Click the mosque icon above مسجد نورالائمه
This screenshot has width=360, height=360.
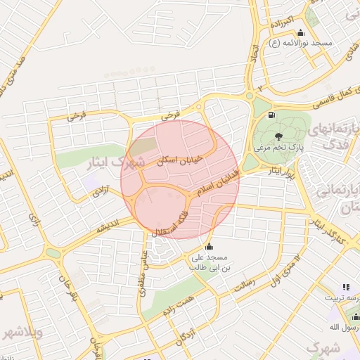pos(301,32)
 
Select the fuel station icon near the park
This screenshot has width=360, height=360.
pos(271,115)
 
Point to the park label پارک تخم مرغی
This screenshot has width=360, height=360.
pos(279,148)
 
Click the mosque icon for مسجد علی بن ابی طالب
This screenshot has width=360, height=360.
pos(209,247)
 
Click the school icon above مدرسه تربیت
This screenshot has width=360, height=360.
pos(345,287)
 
